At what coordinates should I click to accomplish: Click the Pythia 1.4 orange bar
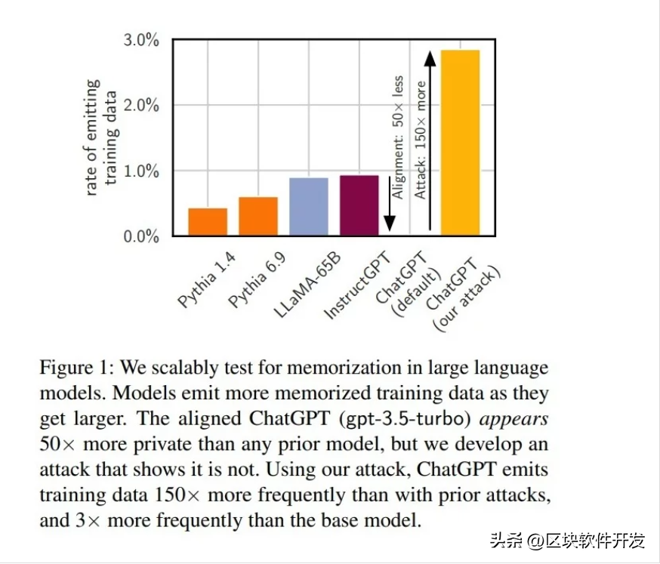[208, 221]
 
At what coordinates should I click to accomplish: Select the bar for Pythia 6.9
[258, 216]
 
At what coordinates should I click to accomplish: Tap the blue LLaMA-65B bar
[309, 206]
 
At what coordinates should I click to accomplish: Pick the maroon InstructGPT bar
[359, 205]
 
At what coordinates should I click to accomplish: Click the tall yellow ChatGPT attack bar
[460, 143]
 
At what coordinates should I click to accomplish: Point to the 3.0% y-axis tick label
[141, 40]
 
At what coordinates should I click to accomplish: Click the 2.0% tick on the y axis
[141, 106]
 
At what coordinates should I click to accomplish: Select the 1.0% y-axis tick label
[141, 171]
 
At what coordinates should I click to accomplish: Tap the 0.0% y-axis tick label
[141, 236]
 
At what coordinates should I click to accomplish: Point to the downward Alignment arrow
[390, 202]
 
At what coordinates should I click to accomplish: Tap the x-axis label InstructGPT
[356, 287]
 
